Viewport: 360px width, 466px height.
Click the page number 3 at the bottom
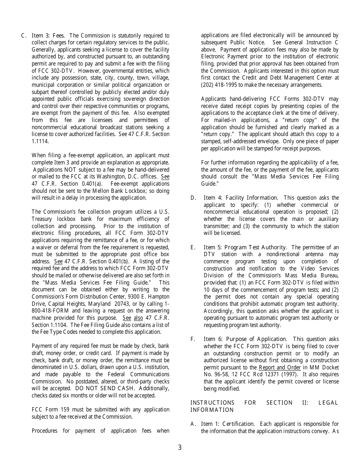click(x=180, y=447)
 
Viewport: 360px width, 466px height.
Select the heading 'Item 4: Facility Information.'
click(x=241, y=198)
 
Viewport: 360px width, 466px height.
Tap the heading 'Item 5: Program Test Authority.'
click(x=245, y=247)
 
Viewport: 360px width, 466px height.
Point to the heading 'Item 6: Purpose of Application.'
click(x=245, y=339)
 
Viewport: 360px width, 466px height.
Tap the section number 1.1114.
click(x=40, y=141)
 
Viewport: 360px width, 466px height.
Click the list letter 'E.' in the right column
click(x=193, y=247)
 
